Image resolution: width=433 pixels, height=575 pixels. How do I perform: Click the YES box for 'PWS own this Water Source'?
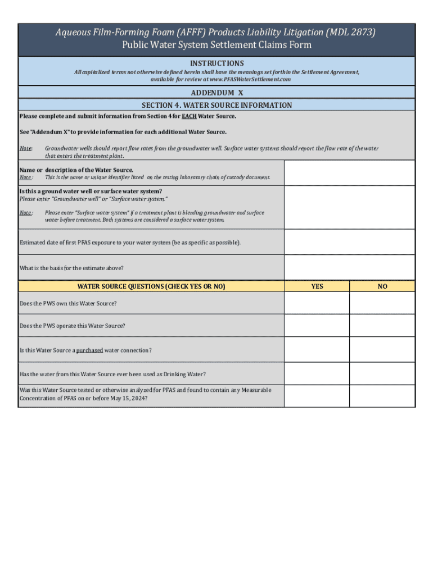coord(317,303)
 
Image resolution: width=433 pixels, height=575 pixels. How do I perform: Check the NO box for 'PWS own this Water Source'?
coord(382,303)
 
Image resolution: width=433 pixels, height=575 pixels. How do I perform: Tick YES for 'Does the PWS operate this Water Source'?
coord(317,326)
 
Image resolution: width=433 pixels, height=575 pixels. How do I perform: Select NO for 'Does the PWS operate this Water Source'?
coord(382,326)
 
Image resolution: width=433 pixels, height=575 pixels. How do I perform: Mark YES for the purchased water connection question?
coord(317,350)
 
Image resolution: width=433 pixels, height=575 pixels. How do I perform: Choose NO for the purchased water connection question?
coord(382,350)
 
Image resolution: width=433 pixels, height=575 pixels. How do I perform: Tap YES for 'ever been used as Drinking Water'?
coord(317,373)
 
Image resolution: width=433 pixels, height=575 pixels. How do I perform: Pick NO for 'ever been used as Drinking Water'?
coord(382,373)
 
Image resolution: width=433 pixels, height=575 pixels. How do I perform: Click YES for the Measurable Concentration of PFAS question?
coord(317,396)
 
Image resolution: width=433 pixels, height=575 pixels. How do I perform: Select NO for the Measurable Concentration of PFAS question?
coord(382,396)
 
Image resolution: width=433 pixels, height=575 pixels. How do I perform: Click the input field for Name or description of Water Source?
coord(349,173)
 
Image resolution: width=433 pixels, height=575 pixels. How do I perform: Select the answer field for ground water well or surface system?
coord(349,207)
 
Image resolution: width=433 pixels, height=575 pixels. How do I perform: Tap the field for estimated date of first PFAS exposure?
coord(349,242)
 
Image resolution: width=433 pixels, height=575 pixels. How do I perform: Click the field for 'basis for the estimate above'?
coord(349,267)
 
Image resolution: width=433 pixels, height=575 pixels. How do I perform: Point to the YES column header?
coord(317,286)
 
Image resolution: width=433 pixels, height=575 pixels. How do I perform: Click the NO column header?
coord(382,286)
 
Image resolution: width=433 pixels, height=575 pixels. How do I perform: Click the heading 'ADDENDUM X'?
coord(216,92)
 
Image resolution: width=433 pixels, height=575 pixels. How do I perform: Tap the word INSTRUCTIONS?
coord(216,63)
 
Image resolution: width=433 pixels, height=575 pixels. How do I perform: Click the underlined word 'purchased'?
coord(89,350)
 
